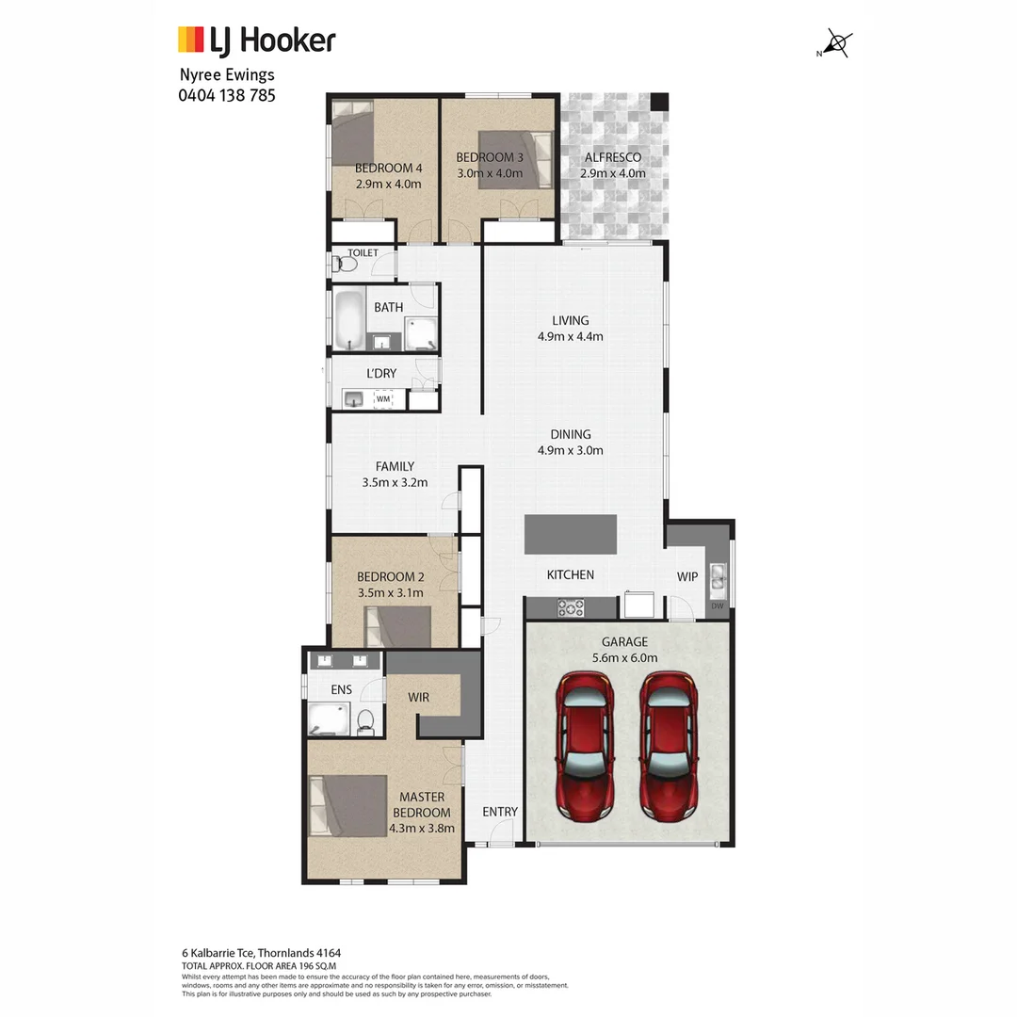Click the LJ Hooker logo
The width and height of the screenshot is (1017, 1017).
pyautogui.click(x=256, y=40)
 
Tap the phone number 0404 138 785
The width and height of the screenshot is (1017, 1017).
pyautogui.click(x=227, y=95)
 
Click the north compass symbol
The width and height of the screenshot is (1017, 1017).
pyautogui.click(x=837, y=43)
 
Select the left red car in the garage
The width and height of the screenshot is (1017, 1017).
pyautogui.click(x=585, y=745)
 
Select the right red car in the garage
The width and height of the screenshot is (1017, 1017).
pyautogui.click(x=670, y=745)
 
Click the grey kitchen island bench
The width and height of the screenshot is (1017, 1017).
pyautogui.click(x=571, y=535)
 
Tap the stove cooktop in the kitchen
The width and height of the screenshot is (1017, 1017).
pyautogui.click(x=572, y=608)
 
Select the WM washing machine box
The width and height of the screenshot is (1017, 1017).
pyautogui.click(x=383, y=399)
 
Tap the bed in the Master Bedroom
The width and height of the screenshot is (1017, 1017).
pyautogui.click(x=349, y=805)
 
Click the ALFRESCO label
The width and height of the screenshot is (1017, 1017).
pyautogui.click(x=613, y=158)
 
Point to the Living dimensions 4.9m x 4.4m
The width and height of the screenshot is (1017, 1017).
pyautogui.click(x=571, y=336)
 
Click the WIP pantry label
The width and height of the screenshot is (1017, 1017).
pyautogui.click(x=687, y=576)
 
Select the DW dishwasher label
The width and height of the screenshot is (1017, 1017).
pyautogui.click(x=718, y=606)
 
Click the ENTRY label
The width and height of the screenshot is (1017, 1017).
pyautogui.click(x=500, y=812)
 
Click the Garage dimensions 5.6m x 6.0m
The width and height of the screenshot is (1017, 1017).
pyautogui.click(x=625, y=658)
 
